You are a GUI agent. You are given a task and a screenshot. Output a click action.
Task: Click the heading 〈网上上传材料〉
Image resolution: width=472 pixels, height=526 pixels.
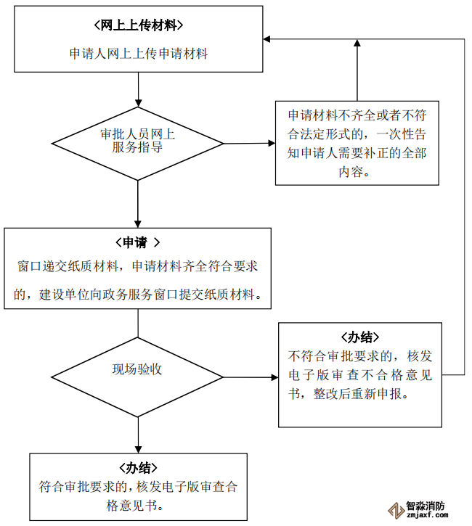138,25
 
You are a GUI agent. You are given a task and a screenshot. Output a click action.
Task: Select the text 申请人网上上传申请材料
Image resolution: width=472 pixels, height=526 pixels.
138,53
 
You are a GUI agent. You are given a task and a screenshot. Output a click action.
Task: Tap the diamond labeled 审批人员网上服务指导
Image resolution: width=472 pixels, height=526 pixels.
137,141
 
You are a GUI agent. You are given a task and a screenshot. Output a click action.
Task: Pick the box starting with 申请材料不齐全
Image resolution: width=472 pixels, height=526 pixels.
357,143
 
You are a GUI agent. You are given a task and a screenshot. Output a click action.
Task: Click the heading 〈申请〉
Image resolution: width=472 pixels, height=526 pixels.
137,242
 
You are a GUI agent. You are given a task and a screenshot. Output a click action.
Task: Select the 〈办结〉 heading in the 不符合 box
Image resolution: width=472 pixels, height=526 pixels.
360,337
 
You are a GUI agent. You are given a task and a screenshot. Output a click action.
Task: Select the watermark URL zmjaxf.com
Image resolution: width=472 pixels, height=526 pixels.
426,517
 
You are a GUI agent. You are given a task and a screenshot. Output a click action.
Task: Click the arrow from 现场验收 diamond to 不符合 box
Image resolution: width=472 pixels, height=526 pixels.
251,377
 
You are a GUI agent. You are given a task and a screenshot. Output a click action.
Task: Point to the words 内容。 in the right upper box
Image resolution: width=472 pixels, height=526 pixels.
356,173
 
